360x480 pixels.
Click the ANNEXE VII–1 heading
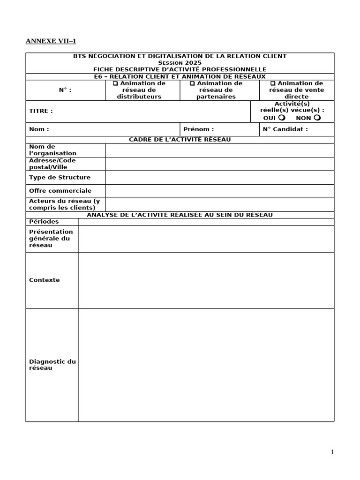[50, 41]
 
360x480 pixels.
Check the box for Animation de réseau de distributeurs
[115, 83]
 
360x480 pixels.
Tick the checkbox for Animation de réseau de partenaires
[192, 83]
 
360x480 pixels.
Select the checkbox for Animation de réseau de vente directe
[273, 83]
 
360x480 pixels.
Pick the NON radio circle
[317, 118]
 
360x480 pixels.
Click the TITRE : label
[41, 111]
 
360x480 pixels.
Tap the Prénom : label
[198, 129]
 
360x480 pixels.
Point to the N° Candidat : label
[285, 129]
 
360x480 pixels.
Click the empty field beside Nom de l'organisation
[219, 150]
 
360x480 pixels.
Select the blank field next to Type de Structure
[219, 178]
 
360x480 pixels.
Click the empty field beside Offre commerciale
[219, 191]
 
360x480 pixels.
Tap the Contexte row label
[45, 280]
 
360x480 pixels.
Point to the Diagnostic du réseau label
[52, 365]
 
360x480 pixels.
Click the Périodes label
[44, 221]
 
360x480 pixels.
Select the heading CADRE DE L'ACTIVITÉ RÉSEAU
[180, 140]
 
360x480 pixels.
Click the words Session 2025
[180, 63]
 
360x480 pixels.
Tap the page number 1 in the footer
[332, 452]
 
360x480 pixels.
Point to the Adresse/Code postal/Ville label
[52, 164]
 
